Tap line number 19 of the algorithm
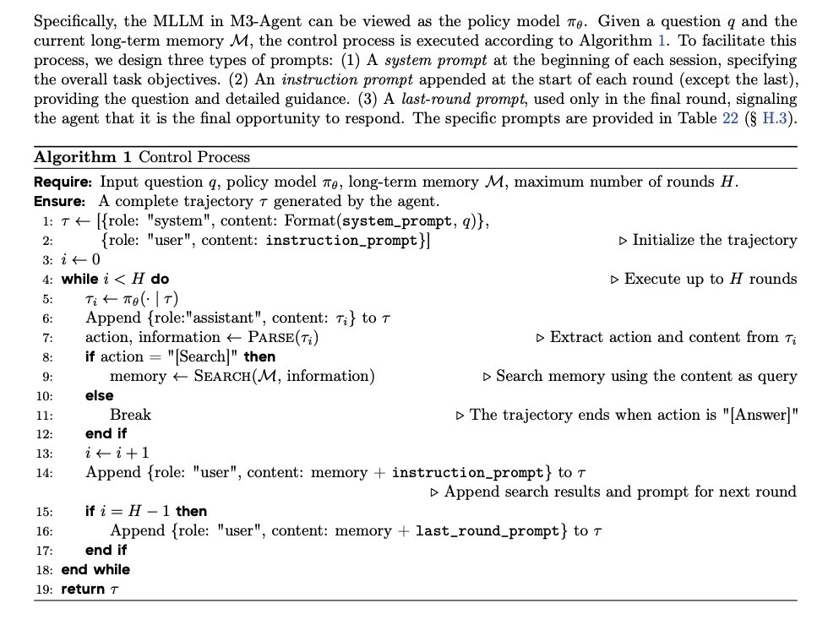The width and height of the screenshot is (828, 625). (x=45, y=589)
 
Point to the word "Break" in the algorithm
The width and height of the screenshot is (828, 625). (x=130, y=415)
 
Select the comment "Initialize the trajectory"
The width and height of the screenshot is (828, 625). (x=714, y=240)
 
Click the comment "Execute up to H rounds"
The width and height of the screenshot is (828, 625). (x=710, y=279)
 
